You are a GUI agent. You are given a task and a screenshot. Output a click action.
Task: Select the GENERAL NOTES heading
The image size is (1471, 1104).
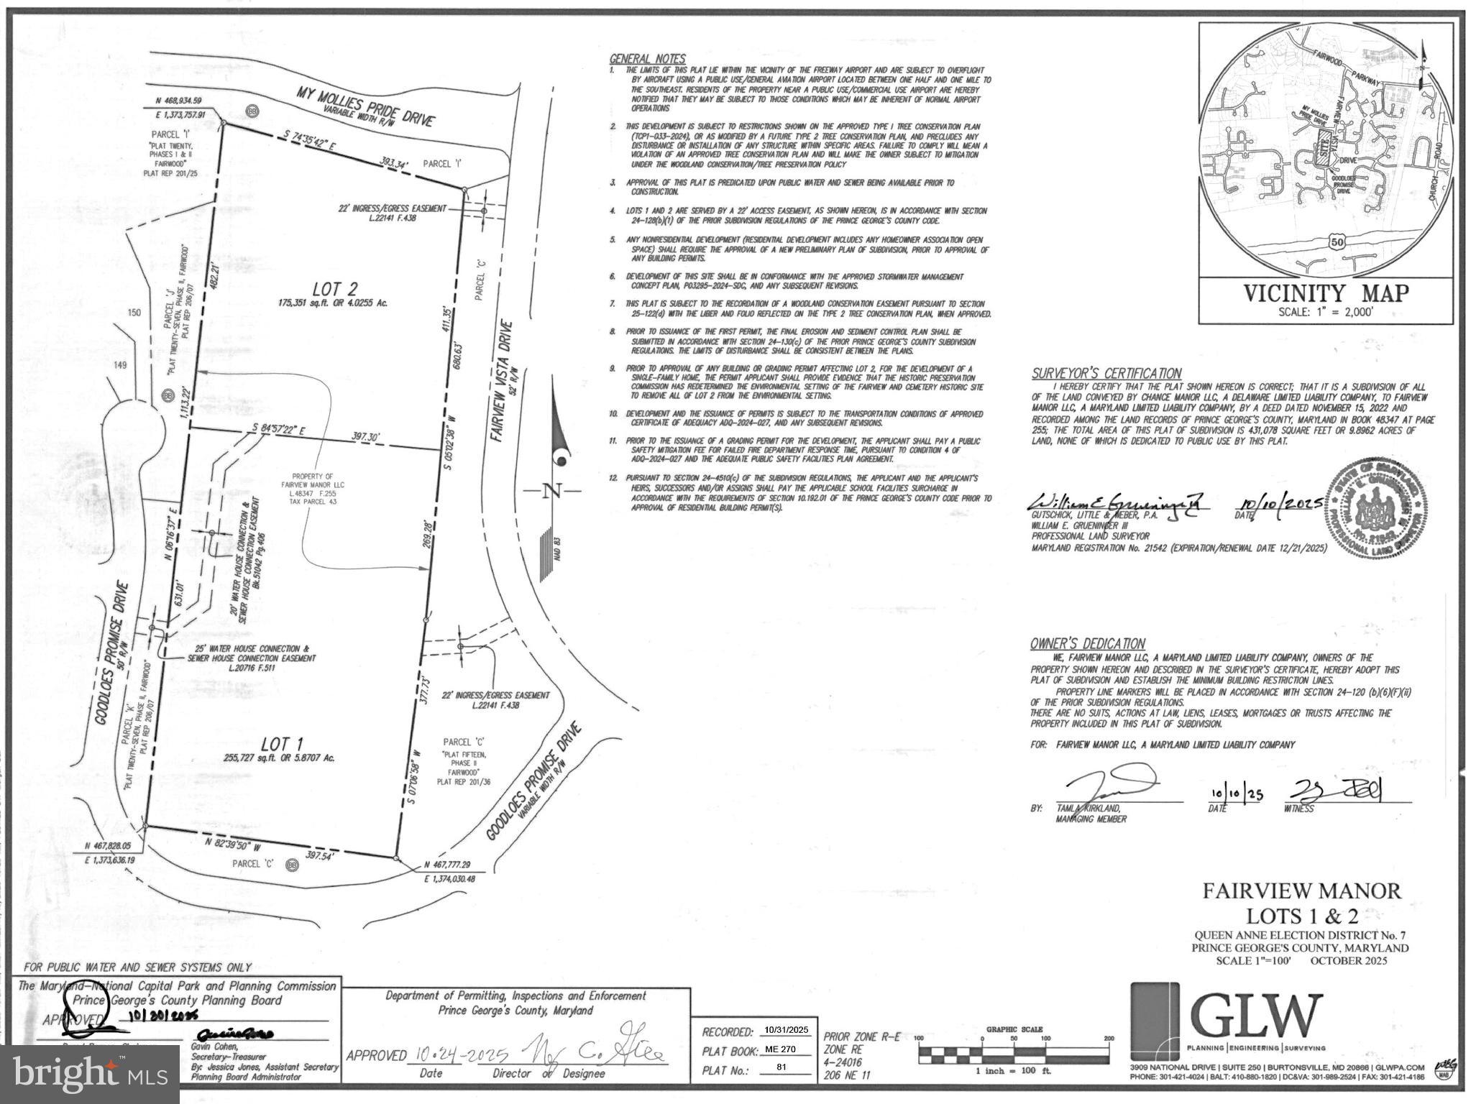tap(647, 59)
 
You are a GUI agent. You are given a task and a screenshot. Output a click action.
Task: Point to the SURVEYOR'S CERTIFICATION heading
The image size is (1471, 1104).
tap(1106, 373)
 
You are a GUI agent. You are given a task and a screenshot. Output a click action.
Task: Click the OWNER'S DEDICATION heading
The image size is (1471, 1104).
tap(1087, 643)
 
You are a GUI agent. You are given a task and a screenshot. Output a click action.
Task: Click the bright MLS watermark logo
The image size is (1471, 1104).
tap(90, 1073)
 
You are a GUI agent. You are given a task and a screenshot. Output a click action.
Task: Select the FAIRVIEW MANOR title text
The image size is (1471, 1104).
tap(1302, 891)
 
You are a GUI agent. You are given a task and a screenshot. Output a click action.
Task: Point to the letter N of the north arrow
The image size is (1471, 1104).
tap(551, 492)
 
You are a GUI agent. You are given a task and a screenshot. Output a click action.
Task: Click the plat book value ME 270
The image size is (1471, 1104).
tap(784, 1049)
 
